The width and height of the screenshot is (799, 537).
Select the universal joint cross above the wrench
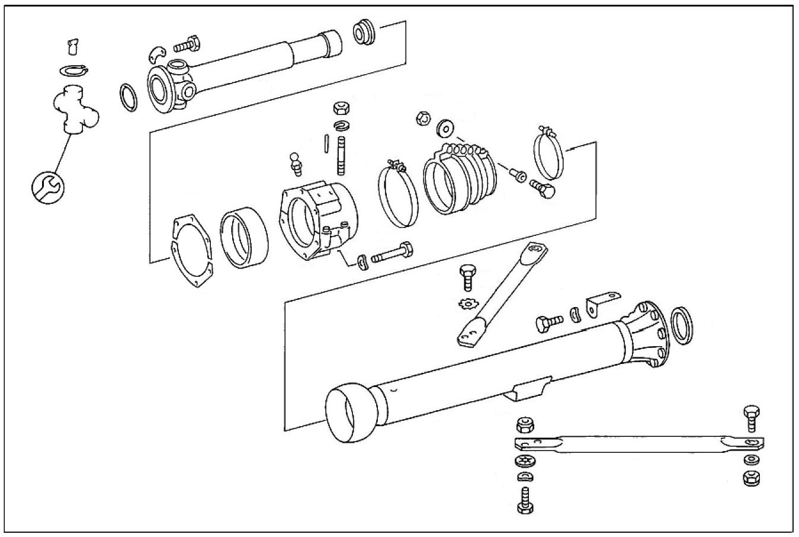click(75, 109)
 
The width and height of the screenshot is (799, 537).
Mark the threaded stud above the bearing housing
click(342, 156)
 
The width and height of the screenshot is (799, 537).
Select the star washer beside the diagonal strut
click(467, 304)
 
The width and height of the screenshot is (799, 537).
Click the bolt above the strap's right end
click(751, 417)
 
